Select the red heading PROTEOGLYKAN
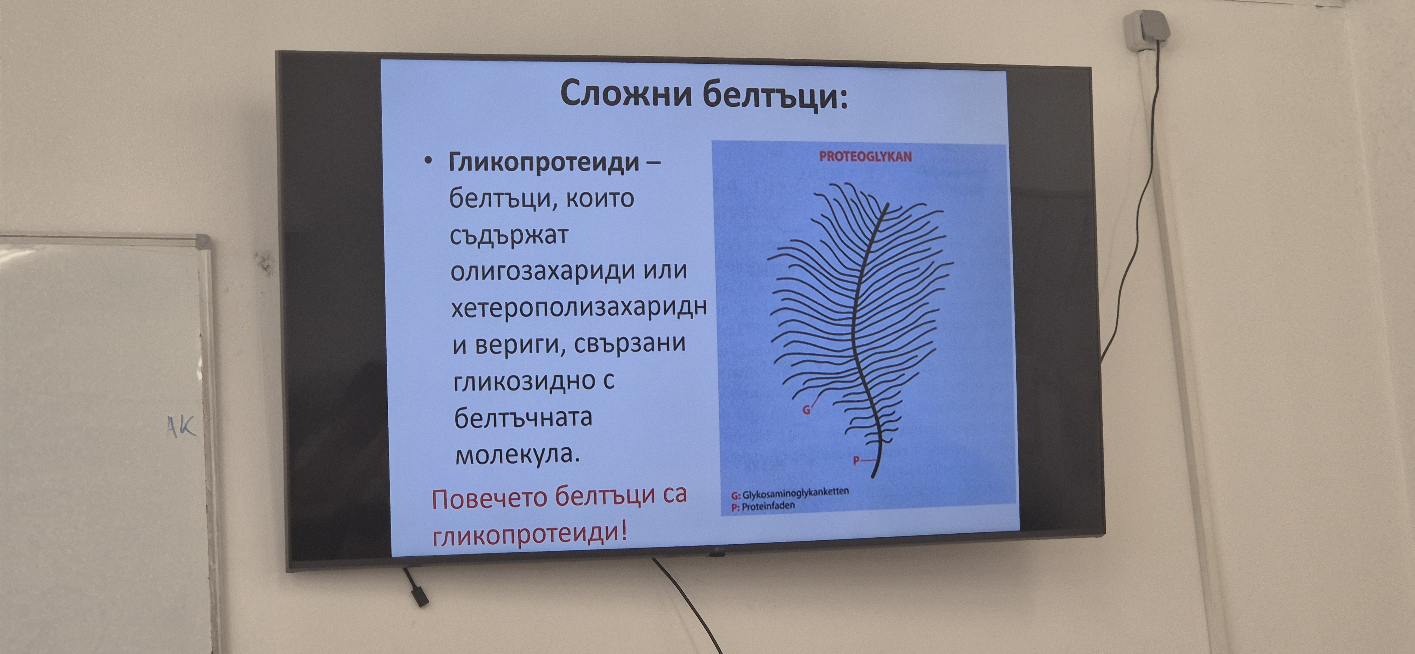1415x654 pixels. coord(865,157)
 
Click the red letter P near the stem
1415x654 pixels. coord(856,460)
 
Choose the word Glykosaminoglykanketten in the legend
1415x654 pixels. coord(795,493)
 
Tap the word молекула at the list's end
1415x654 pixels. coord(518,454)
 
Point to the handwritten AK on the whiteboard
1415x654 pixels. coord(181,426)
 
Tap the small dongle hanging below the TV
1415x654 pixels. coord(420,596)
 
